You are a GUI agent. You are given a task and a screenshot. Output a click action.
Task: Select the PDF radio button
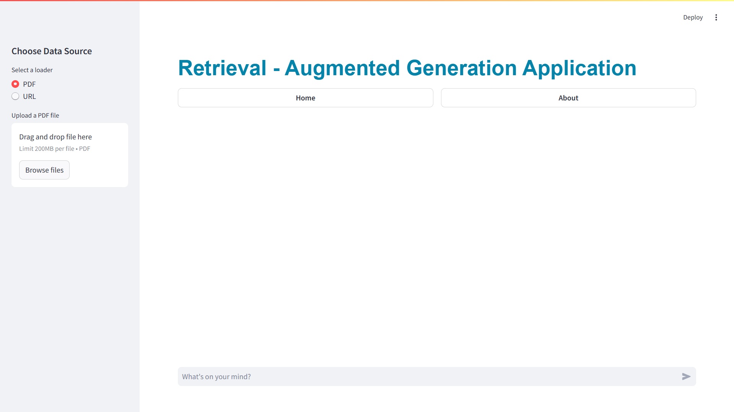[15, 84]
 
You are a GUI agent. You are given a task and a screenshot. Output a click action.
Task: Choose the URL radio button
[15, 96]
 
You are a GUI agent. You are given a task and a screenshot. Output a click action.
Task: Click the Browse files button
[44, 170]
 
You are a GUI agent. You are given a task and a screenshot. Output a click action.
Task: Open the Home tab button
[305, 98]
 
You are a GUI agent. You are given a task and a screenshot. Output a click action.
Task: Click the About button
[568, 98]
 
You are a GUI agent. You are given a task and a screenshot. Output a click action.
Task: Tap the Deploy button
[693, 17]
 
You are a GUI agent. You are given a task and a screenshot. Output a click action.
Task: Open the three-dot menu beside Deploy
[716, 17]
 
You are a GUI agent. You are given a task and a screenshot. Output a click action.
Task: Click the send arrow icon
[686, 376]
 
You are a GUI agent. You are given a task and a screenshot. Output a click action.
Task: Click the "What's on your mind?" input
[428, 376]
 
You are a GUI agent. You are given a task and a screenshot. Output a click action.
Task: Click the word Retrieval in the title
[222, 68]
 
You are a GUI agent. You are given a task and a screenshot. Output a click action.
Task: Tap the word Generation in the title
[462, 68]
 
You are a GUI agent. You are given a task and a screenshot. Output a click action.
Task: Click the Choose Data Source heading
[52, 51]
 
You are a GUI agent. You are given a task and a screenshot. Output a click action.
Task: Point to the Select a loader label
[32, 70]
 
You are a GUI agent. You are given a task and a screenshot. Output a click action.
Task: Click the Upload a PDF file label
[35, 115]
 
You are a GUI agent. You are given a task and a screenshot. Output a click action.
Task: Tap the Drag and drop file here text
[55, 137]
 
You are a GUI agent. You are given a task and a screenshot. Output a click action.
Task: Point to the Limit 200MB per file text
[47, 149]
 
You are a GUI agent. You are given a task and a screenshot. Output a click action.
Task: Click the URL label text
[29, 96]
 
